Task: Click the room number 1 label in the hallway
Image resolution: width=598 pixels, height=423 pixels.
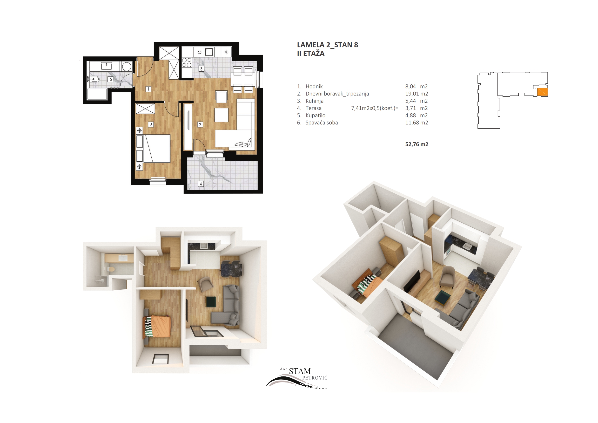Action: click(148, 89)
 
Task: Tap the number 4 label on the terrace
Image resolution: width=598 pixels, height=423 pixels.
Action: click(201, 184)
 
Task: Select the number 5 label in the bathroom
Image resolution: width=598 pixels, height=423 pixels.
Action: click(111, 79)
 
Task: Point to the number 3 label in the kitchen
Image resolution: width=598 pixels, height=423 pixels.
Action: click(201, 69)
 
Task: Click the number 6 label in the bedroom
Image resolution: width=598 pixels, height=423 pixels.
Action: click(151, 125)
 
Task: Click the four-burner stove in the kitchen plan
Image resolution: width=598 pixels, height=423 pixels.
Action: click(187, 62)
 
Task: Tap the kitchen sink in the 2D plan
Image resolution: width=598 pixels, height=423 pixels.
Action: click(209, 52)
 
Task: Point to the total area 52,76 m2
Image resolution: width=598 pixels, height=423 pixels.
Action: click(417, 144)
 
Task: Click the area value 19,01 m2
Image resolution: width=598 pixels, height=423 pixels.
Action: click(417, 94)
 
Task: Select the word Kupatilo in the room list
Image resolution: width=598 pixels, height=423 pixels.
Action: click(316, 116)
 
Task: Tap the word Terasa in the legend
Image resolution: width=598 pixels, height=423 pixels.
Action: click(314, 108)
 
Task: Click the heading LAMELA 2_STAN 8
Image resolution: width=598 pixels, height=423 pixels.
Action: click(328, 45)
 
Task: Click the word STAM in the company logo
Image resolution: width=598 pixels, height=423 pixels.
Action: click(300, 371)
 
